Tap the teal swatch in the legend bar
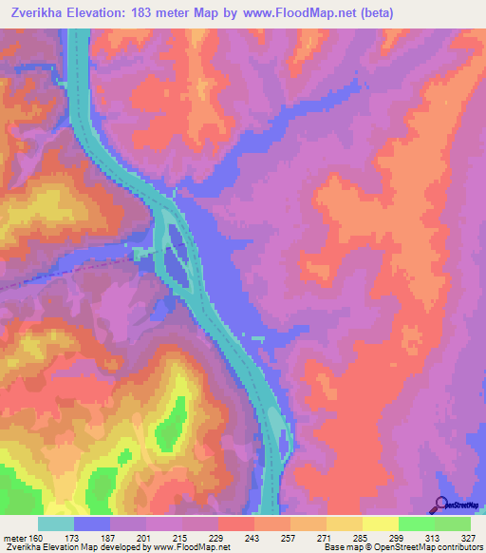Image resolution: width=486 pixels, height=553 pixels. click(56, 524)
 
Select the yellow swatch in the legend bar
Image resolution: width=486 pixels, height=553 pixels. click(380, 524)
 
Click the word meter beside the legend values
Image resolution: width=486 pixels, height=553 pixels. click(16, 538)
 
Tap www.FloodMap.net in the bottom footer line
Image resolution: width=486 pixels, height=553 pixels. click(190, 548)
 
